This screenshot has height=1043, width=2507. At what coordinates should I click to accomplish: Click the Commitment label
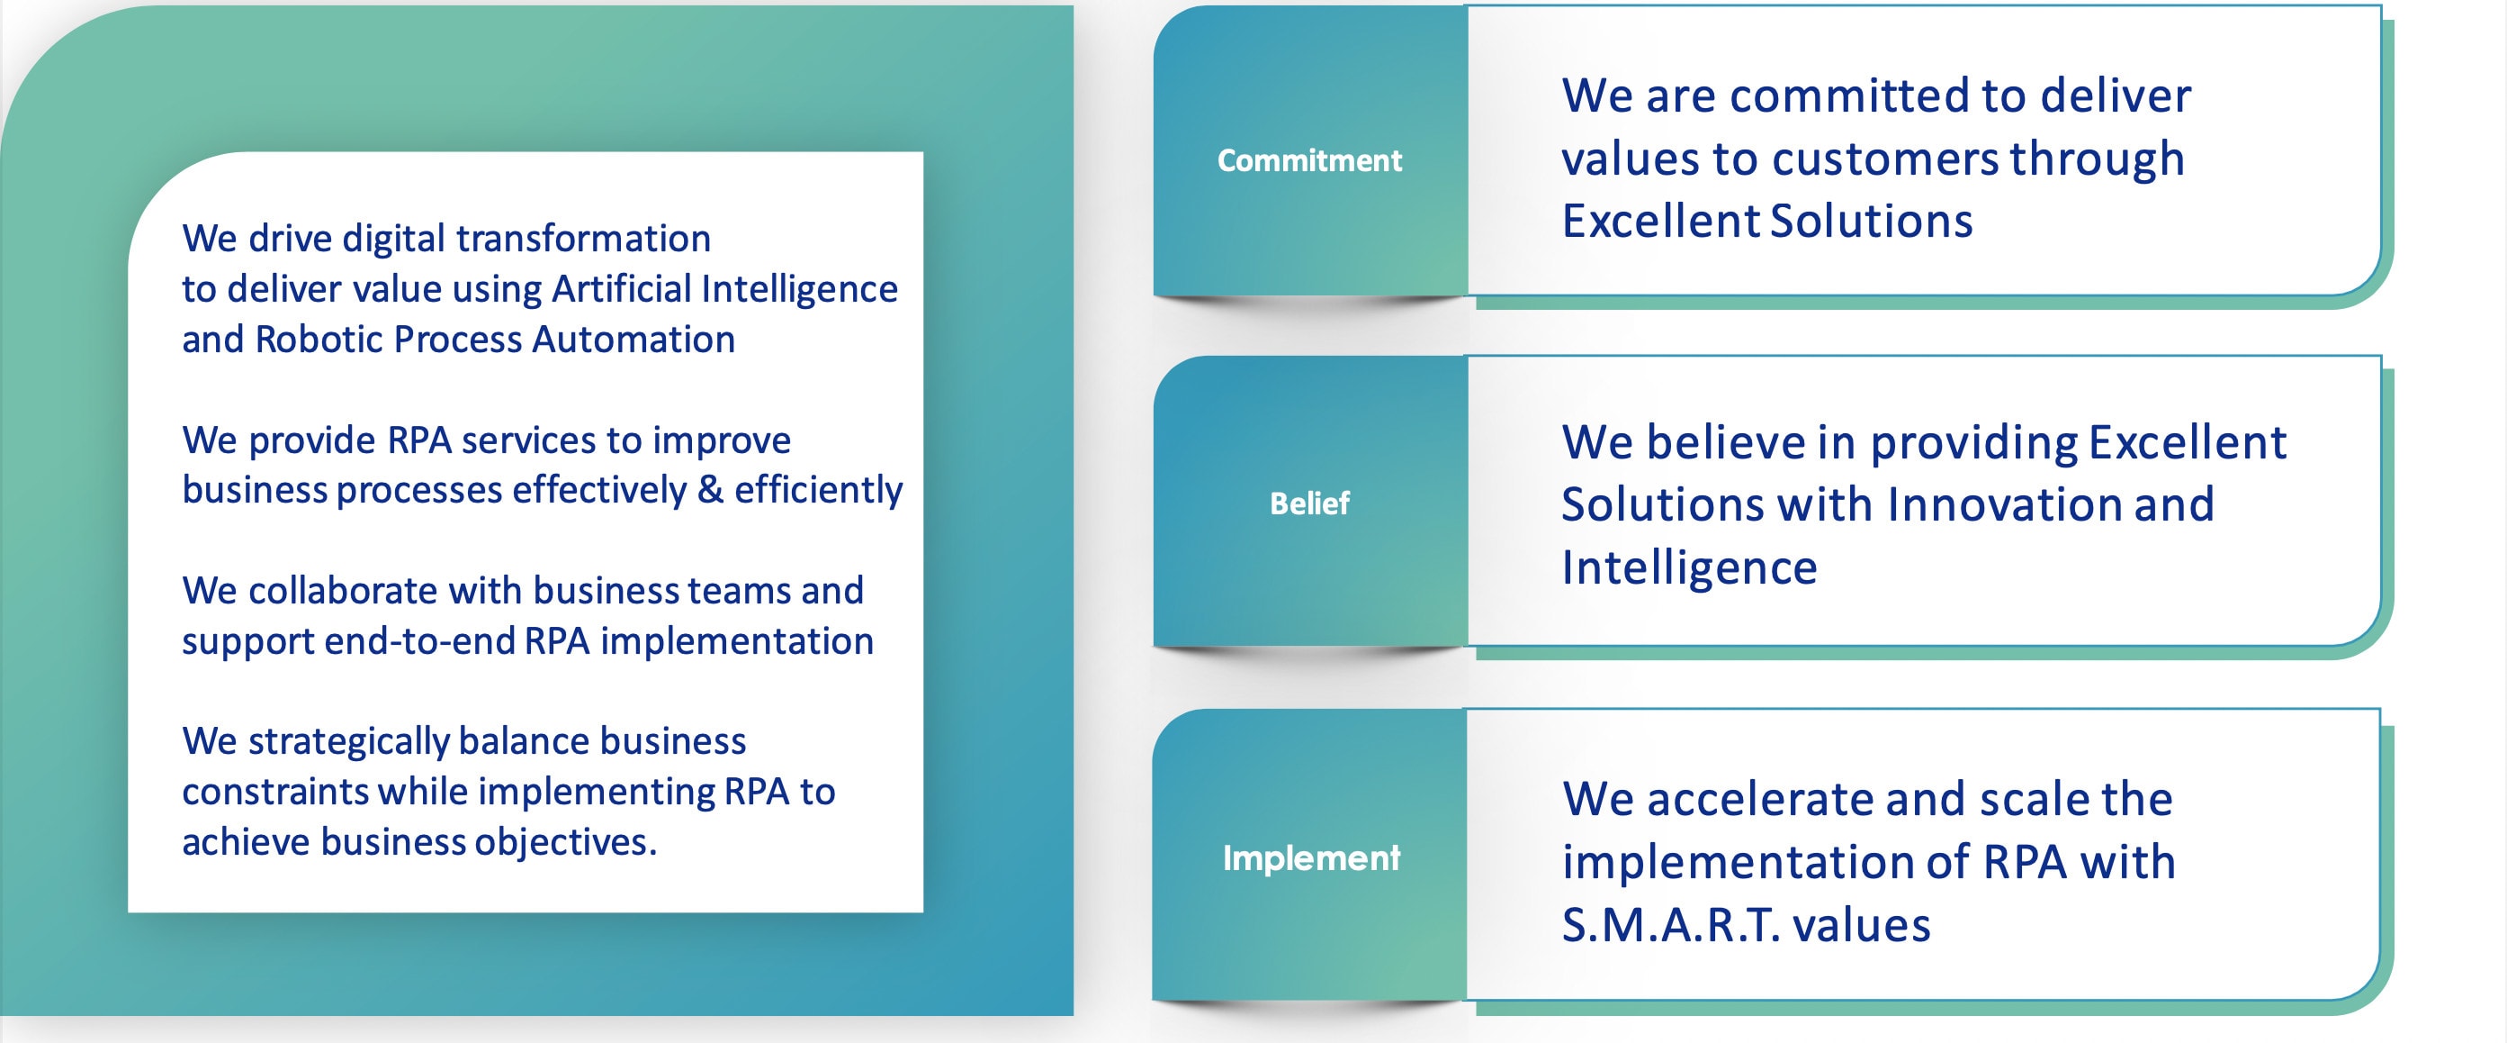click(1309, 159)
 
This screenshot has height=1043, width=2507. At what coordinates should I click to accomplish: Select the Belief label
click(1309, 503)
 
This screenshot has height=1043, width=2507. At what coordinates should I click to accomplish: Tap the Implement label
click(1311, 858)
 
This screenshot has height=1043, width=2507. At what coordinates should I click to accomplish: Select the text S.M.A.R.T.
click(1671, 924)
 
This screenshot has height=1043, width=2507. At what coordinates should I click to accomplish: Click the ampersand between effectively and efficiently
click(711, 489)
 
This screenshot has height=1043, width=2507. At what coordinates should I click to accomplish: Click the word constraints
click(275, 792)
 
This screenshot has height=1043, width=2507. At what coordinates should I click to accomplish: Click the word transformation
click(584, 239)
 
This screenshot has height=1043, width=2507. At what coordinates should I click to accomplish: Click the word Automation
click(633, 339)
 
